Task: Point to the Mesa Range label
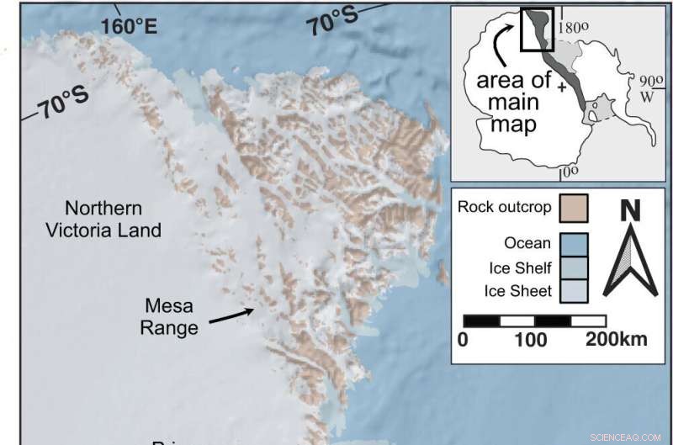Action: pos(171,317)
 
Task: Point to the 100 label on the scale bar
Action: pos(530,340)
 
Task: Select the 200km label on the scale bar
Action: pos(617,340)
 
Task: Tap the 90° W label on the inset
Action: pos(649,89)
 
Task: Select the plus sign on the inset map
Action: pos(562,87)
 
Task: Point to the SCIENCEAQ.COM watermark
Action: pos(628,437)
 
